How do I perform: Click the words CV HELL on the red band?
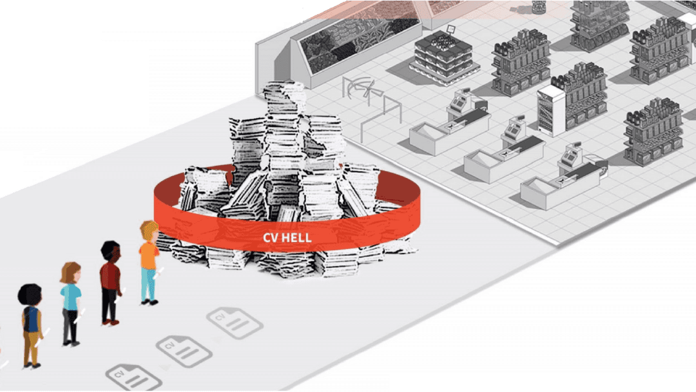tap(287, 238)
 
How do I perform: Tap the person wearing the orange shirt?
tap(149, 255)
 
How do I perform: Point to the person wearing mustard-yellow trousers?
tap(30, 326)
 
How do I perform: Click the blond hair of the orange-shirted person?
tap(150, 228)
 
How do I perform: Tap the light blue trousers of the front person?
tap(149, 284)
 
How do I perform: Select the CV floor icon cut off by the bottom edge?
tap(133, 377)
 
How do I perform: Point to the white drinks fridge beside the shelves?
tap(551, 110)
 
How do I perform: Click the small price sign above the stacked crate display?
tap(452, 28)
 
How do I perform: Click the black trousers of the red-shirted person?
tap(110, 308)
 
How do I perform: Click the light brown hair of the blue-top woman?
tap(70, 271)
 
